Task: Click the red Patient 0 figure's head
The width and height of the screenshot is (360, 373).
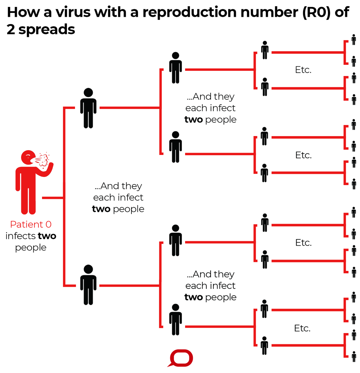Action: [28, 157]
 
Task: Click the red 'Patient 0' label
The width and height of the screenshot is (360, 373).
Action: [31, 224]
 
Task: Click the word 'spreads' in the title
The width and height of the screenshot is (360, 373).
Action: [46, 29]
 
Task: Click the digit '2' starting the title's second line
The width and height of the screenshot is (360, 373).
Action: [11, 29]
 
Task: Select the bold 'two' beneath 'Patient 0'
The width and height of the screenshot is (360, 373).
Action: [47, 236]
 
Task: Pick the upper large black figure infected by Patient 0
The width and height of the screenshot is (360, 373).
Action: [88, 108]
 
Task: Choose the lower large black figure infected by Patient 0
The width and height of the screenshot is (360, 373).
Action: [88, 285]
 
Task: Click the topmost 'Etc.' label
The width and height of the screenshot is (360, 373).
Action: [303, 70]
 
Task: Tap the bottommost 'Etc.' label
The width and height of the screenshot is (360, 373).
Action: [302, 328]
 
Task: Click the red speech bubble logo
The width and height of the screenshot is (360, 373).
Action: [181, 358]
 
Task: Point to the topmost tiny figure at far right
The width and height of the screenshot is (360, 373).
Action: [354, 39]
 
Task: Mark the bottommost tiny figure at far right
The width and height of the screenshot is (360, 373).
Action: [354, 356]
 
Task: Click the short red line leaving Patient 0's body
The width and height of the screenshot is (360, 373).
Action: [52, 198]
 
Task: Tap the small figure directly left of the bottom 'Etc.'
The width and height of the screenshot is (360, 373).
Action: [264, 345]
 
